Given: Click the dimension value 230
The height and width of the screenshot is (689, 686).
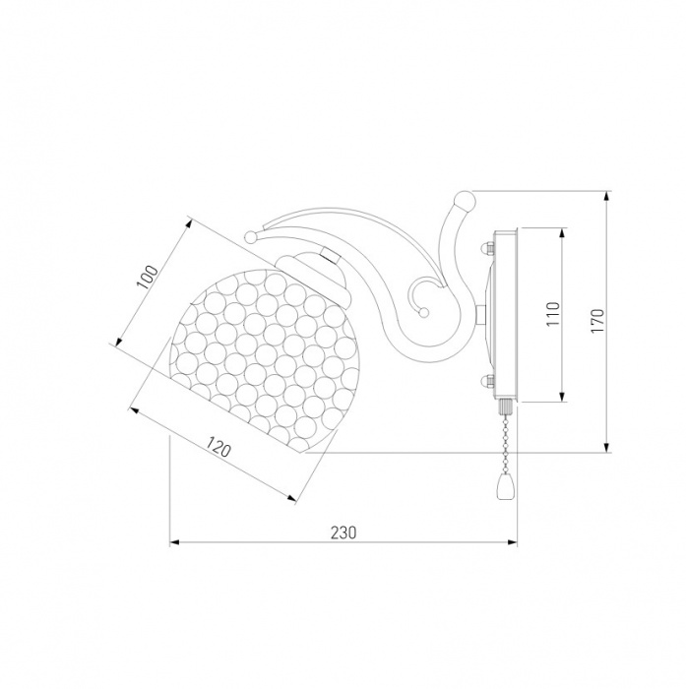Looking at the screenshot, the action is (x=343, y=532).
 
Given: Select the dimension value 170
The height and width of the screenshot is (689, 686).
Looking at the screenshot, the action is (x=597, y=320).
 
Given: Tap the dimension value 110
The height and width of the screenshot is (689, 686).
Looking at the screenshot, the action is (x=554, y=314).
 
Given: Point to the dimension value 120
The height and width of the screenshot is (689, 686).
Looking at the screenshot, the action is (x=218, y=446).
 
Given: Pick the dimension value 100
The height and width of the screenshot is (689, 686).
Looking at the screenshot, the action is (x=148, y=277).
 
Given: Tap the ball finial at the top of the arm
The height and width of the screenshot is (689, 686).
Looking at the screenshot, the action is (x=465, y=202).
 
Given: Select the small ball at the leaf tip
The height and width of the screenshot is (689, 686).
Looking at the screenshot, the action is (x=252, y=237).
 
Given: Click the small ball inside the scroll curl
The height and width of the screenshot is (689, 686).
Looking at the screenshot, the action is (x=423, y=312).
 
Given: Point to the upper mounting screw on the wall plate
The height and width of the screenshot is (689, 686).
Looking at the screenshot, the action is (x=487, y=248).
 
